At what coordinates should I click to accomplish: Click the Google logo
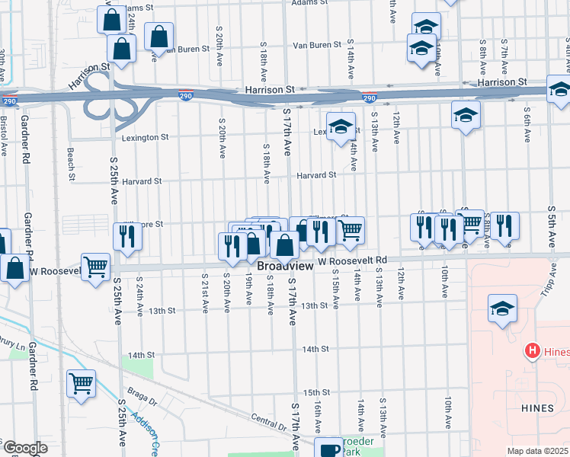[x=24, y=448]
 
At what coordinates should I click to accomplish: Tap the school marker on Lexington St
[x=341, y=126]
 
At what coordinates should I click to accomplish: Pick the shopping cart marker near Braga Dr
[x=80, y=385]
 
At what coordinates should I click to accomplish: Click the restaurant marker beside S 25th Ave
[x=127, y=237]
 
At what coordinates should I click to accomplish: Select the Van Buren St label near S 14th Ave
[x=317, y=45]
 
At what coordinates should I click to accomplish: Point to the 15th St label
[x=315, y=392]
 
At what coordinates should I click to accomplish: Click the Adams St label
[x=309, y=3]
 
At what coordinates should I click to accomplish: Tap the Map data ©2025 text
[x=538, y=451]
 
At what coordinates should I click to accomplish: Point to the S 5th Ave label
[x=551, y=220]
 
